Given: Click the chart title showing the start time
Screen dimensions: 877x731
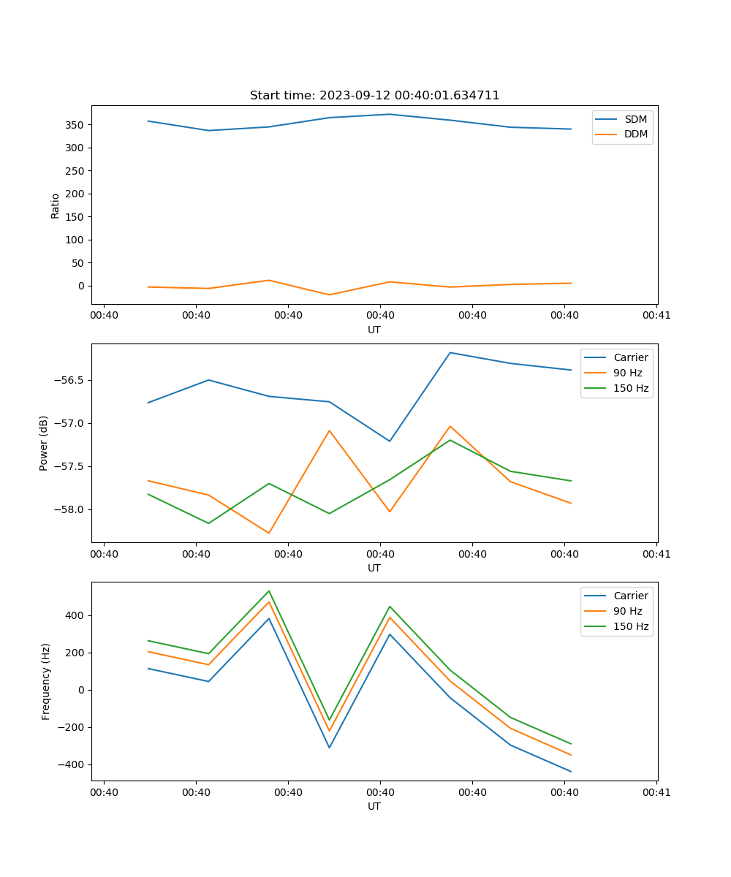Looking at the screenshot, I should [x=374, y=96].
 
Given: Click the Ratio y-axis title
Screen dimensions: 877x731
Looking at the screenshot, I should [x=56, y=205].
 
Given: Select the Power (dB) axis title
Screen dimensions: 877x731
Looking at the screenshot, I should [x=44, y=443].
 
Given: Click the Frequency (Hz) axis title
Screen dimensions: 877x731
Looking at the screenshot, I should [x=45, y=681].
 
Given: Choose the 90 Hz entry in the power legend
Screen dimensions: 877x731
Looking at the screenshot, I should [x=627, y=373].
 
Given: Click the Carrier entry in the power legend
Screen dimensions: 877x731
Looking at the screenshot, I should [x=630, y=357].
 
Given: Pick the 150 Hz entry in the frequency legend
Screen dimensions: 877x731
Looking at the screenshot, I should [x=631, y=626].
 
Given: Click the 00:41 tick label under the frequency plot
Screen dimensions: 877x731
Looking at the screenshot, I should [x=656, y=792].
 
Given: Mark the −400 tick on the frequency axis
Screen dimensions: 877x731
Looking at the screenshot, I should [x=72, y=764].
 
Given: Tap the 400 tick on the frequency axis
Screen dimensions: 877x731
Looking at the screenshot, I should [x=75, y=615].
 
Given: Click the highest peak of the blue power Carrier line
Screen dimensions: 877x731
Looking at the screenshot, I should [x=450, y=352].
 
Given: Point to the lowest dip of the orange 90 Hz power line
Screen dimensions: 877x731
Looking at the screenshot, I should [x=269, y=533].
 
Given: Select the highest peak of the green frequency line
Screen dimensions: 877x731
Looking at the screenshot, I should [x=269, y=591].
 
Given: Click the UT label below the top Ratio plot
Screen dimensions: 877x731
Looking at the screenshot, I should [x=374, y=330].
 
